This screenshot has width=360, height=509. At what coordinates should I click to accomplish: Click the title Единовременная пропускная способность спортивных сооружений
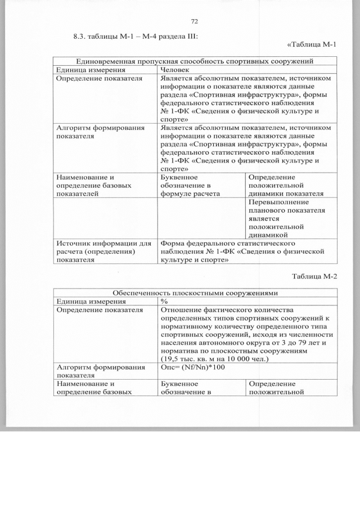[195, 61]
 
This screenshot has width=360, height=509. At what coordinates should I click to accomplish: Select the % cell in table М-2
[164, 301]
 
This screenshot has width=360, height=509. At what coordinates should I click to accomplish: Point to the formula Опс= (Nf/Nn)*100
[192, 367]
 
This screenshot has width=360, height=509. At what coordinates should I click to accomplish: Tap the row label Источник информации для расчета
[104, 251]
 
